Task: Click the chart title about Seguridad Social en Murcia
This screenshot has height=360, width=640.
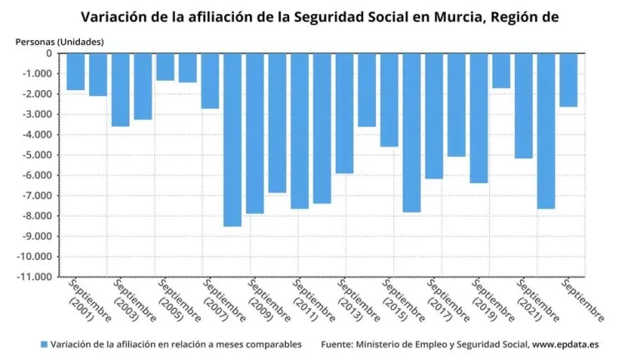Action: pos(319,16)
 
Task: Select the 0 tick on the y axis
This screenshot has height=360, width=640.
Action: pos(49,53)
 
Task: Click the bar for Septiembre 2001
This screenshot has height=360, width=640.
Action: pos(76,72)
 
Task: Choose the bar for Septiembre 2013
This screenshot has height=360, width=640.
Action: pos(344,113)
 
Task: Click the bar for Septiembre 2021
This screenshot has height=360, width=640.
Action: pos(523,106)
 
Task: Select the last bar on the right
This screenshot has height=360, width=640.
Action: pos(567,80)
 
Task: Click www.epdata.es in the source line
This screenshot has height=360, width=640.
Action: pos(557,344)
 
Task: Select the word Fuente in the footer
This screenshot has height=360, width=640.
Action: pos(338,344)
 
